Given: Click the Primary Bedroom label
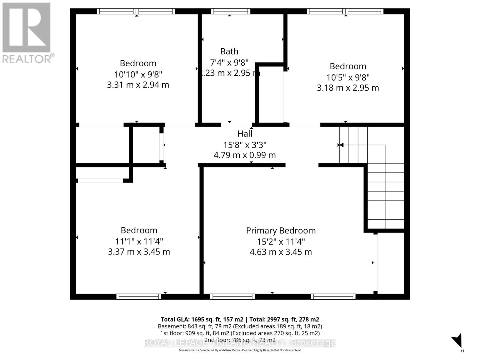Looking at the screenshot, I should [281, 230].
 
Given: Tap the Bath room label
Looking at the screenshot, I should [229, 52].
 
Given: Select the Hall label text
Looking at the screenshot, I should [245, 133].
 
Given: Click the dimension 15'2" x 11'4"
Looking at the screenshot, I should [281, 241].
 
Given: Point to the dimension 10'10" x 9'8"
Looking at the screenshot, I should [138, 74].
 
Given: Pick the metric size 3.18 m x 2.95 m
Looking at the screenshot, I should [348, 88].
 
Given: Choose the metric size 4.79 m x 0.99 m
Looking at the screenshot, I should [244, 155].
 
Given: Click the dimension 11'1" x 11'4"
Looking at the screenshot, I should [139, 241].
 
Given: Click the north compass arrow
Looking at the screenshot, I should [457, 341].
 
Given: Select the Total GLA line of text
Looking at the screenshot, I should [240, 319].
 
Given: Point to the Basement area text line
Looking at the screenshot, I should [240, 326].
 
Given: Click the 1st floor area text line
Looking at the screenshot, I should [240, 333].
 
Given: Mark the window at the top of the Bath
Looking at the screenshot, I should [230, 11].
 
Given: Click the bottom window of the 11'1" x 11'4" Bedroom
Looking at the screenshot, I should [139, 297].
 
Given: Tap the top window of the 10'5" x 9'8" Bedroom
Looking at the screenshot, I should [345, 11].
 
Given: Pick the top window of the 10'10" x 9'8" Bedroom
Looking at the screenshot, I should [136, 11].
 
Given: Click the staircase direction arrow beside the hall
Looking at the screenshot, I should [341, 145].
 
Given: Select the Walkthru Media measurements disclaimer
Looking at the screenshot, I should [240, 350].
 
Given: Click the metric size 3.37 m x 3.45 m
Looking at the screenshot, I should [139, 252].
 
